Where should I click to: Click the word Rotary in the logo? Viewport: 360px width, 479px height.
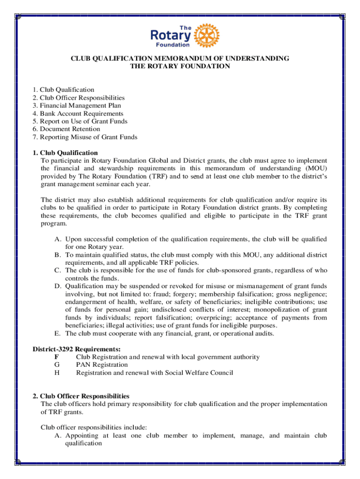[x=171, y=36]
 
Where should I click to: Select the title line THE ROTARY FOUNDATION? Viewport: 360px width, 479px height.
[x=180, y=66]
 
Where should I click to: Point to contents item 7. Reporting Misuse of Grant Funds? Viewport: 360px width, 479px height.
[x=85, y=137]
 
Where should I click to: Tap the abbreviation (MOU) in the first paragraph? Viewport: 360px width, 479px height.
[x=316, y=168]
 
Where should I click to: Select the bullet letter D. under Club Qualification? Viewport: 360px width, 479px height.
[x=58, y=286]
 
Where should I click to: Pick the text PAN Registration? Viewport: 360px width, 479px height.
[x=102, y=365]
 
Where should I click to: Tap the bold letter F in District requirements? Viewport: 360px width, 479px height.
[x=57, y=357]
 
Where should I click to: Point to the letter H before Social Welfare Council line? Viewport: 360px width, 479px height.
[x=57, y=373]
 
